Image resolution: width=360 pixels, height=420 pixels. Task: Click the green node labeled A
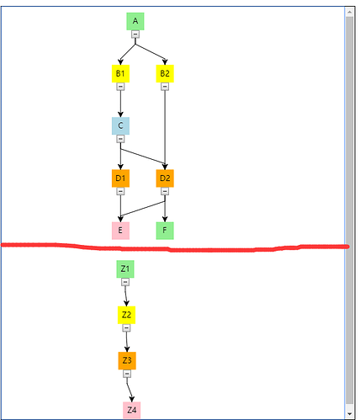(x=135, y=21)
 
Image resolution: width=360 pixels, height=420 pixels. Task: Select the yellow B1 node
(x=120, y=73)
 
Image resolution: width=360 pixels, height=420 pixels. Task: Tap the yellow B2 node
(x=165, y=73)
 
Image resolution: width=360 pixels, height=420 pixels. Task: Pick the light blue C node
(x=120, y=125)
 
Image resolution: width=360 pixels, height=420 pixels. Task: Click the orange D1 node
(x=120, y=178)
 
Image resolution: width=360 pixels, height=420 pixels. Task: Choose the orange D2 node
(x=165, y=178)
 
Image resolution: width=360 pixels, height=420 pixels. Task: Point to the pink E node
(x=120, y=231)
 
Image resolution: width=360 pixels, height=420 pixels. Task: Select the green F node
(x=165, y=231)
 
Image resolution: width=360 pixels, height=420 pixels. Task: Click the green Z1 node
(x=125, y=269)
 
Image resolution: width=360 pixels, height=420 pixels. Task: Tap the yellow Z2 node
(x=126, y=315)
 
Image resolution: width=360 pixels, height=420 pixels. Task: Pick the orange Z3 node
(x=127, y=360)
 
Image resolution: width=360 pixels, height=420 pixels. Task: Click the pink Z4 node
(x=132, y=410)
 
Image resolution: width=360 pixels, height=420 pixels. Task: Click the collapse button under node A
(x=135, y=35)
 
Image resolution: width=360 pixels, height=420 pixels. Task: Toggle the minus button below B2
(x=165, y=87)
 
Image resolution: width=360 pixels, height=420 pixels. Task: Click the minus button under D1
(x=120, y=191)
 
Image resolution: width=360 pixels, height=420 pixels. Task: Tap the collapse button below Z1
(x=125, y=282)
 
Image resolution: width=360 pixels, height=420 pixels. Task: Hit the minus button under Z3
(x=127, y=374)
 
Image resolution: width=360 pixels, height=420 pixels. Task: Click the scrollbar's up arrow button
(x=349, y=12)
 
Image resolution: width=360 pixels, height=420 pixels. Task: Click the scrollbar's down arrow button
(x=349, y=413)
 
